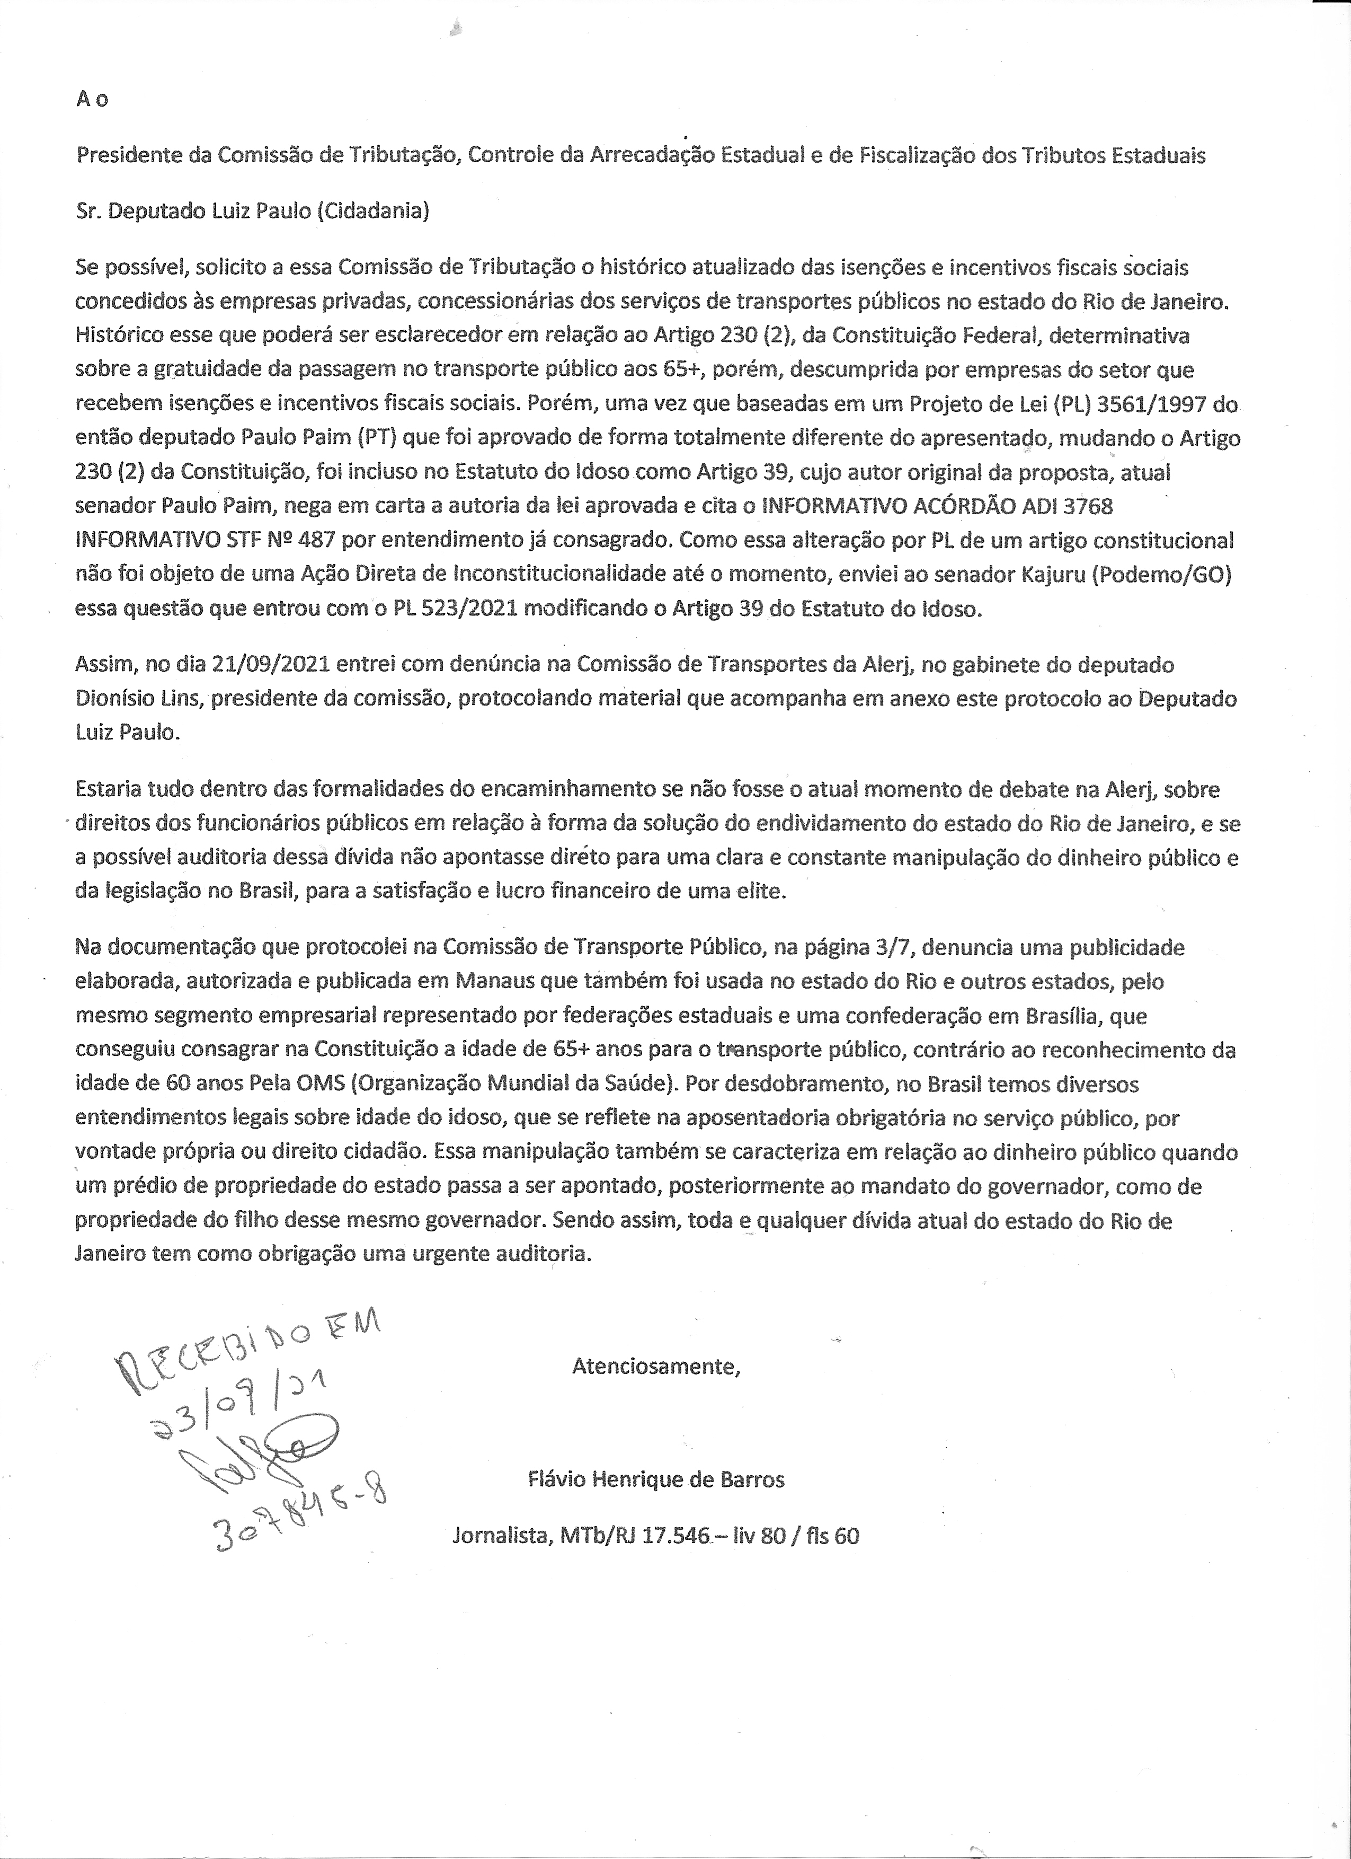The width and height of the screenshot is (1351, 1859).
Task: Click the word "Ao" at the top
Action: [x=92, y=99]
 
